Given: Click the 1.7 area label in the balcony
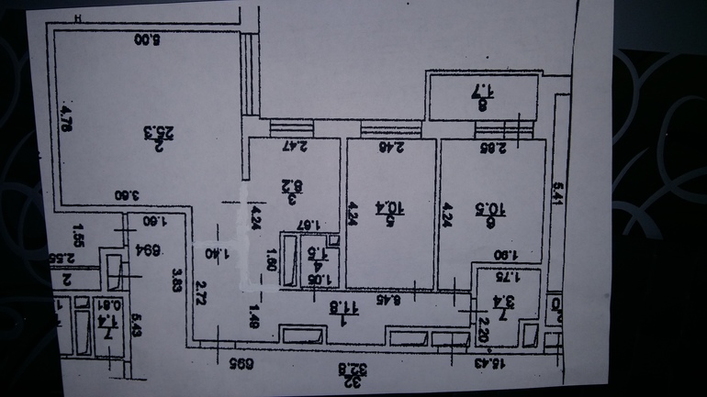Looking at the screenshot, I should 482,96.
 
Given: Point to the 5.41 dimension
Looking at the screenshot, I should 556,193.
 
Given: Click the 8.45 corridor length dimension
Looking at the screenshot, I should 398,298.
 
